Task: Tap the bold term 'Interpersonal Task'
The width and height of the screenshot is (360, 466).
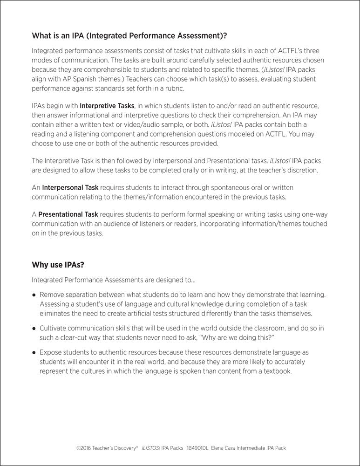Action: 70,187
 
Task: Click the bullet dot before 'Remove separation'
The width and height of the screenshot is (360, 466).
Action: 34,295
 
